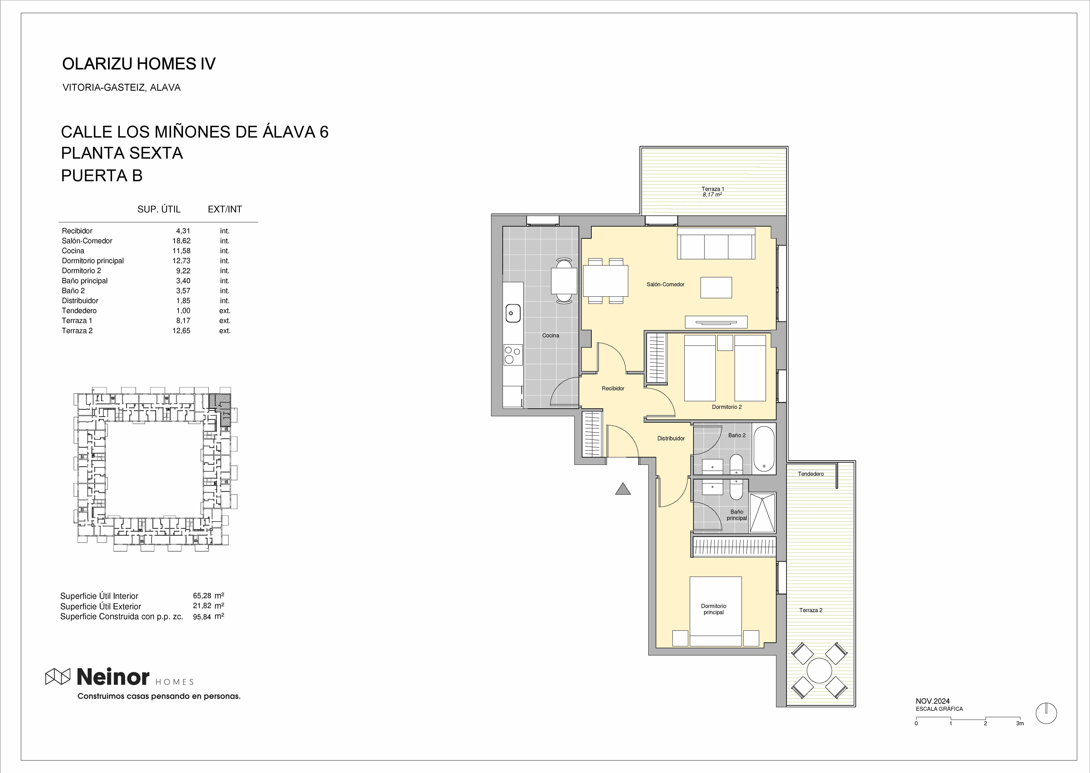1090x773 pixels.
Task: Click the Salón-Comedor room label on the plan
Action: [665, 284]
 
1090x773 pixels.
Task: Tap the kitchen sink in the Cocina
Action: [512, 313]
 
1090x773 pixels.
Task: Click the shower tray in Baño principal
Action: [762, 512]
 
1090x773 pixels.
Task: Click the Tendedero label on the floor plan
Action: [811, 474]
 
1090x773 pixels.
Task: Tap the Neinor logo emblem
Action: [58, 676]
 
